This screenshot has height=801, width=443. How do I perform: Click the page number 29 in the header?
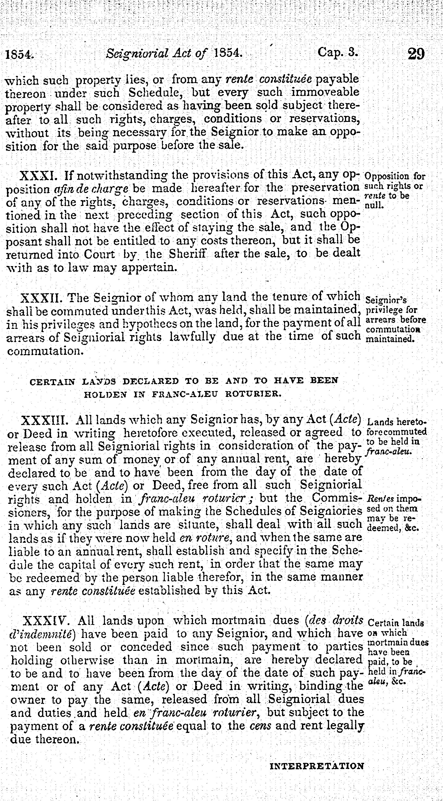[416, 54]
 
